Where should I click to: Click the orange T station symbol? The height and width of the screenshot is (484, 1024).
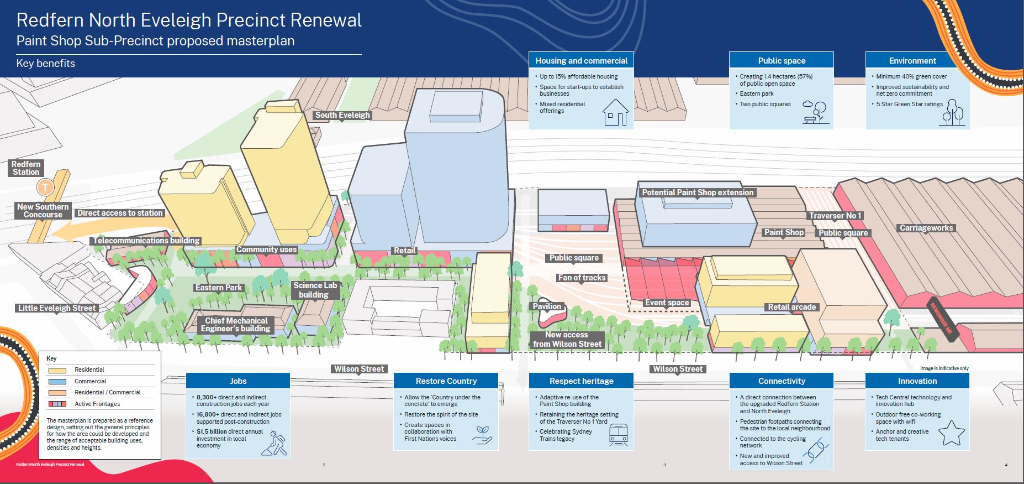coord(45,188)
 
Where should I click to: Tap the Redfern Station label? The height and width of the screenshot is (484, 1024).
coord(26,168)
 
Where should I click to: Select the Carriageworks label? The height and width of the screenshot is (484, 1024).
coord(926,228)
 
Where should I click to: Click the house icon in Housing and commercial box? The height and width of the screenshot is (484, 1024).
coord(615,112)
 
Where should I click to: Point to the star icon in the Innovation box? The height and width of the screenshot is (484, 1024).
coord(951,433)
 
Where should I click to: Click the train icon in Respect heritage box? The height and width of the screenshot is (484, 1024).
coord(618,435)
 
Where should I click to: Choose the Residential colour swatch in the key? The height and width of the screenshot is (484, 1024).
coord(57,370)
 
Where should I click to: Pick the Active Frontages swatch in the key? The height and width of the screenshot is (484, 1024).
coord(57,404)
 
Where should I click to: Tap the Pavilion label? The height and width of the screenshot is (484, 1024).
coord(547,306)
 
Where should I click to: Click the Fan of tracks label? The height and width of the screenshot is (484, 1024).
coord(582,278)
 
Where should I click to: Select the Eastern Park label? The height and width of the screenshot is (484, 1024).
coord(219,288)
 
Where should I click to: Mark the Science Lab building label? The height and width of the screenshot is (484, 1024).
coord(315,290)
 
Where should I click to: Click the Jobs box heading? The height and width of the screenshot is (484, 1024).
coord(238,381)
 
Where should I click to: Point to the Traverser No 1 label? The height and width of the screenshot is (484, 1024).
coord(835,216)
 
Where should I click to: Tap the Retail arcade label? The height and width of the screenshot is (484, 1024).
coord(791,307)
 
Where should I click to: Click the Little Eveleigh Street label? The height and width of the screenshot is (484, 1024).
coord(57,308)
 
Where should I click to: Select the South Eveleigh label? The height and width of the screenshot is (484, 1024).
coord(342,115)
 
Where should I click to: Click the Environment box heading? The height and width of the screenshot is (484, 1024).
coord(912,61)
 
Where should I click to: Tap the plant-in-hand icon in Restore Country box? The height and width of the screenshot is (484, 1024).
coord(482,435)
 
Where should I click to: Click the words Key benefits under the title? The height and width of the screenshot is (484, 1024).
coord(46,64)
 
